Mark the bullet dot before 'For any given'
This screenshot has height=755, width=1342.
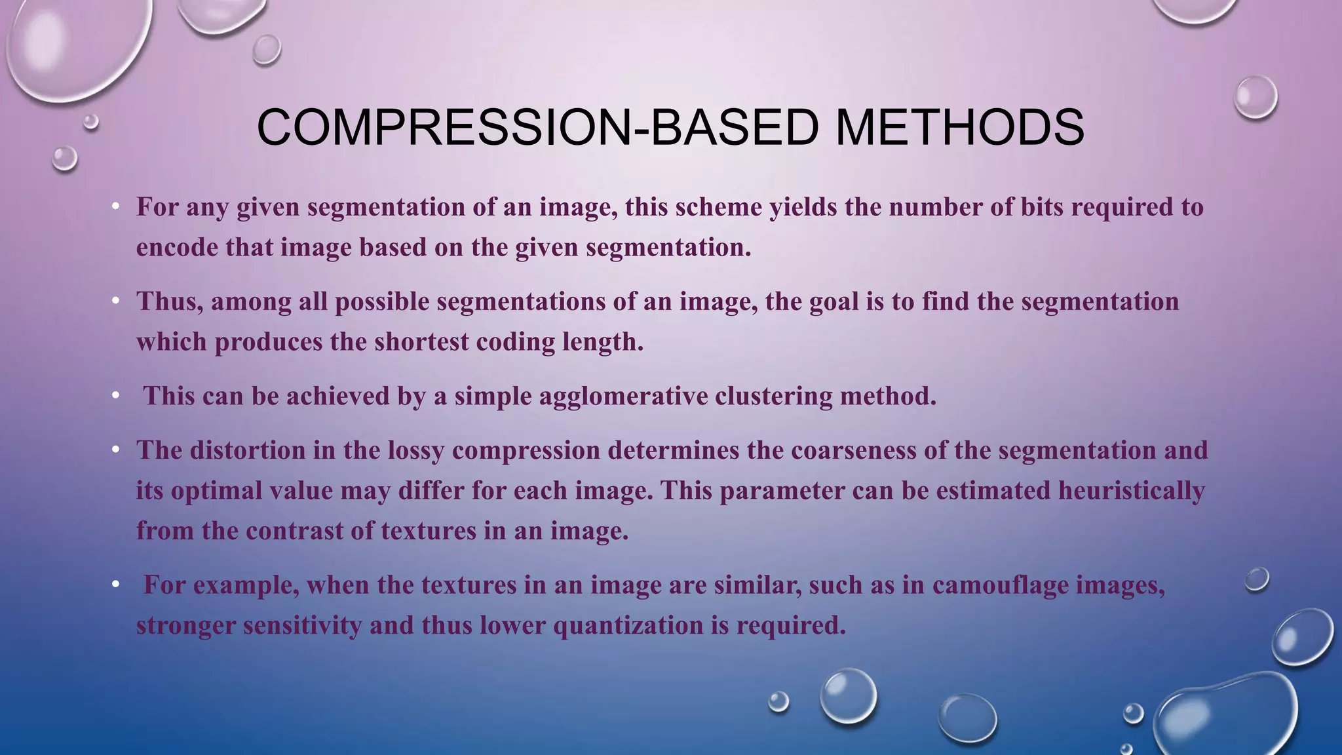pyautogui.click(x=115, y=207)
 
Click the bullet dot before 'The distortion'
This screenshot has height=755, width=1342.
pyautogui.click(x=115, y=450)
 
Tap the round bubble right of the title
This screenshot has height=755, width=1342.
pyautogui.click(x=1255, y=97)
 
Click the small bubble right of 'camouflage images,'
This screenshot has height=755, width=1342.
pyautogui.click(x=1256, y=579)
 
